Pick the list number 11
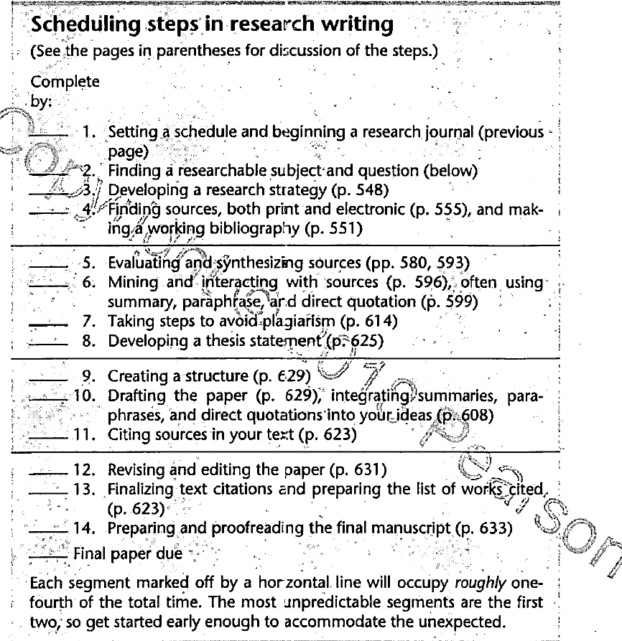(x=85, y=433)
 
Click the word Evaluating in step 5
(x=139, y=263)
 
